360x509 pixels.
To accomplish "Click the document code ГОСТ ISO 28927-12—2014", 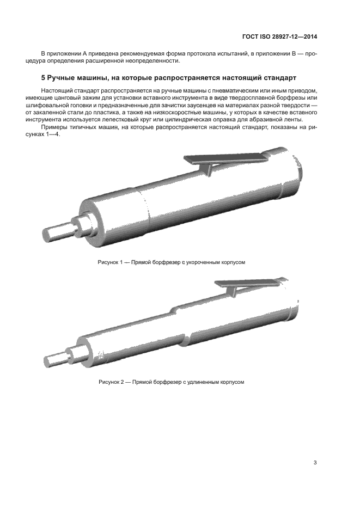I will [x=279, y=37].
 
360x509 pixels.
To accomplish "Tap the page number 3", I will [x=315, y=463].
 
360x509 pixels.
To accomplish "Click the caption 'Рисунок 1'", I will [x=112, y=262].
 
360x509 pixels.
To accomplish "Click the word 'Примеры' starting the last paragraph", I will [x=53, y=127].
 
